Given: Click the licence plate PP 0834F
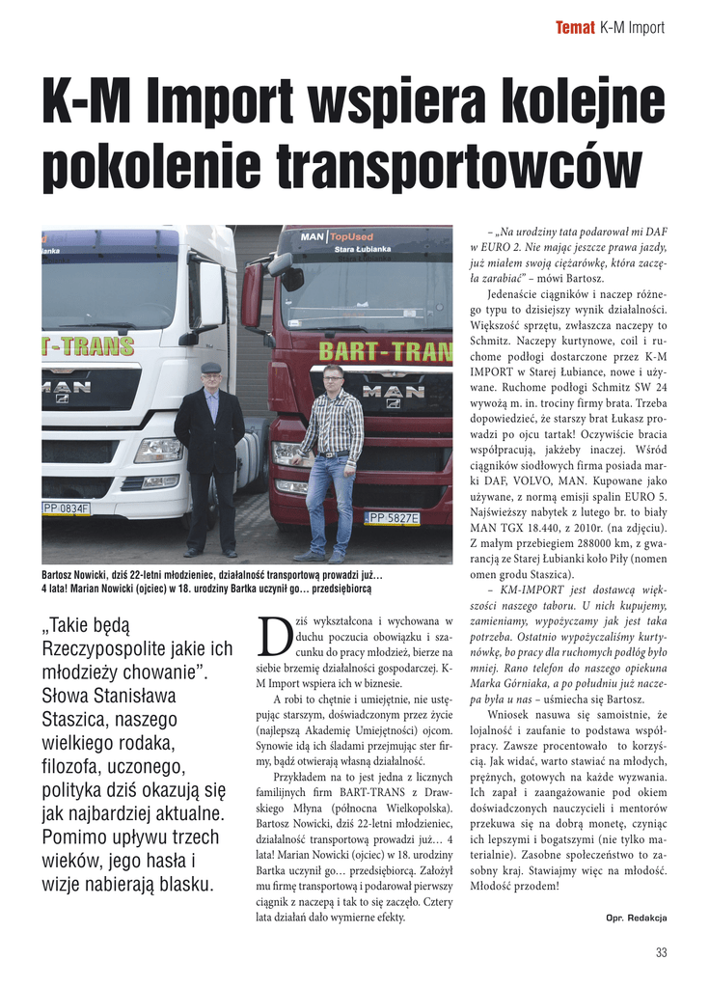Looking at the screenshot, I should [66, 508].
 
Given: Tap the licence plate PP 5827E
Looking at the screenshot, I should [392, 518].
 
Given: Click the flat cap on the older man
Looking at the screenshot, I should [210, 368].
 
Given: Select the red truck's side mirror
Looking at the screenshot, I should [253, 294].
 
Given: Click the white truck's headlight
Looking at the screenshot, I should [158, 450].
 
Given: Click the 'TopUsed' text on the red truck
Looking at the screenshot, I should [350, 235].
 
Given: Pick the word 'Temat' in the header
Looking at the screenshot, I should [575, 27].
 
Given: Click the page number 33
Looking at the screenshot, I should [661, 953].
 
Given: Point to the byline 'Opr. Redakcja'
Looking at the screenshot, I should [636, 917].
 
